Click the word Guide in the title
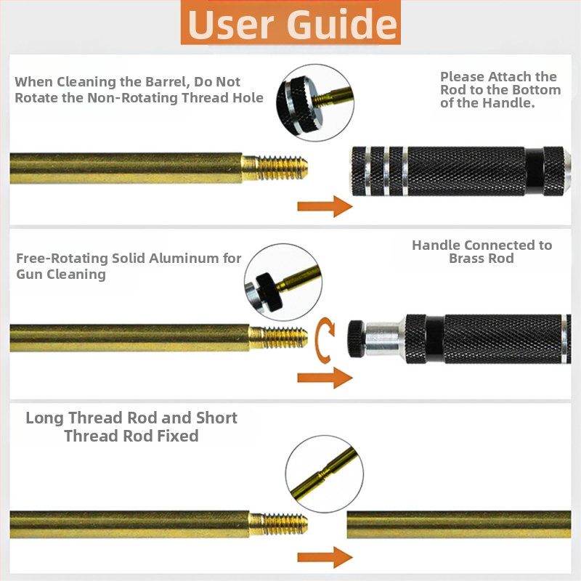341,24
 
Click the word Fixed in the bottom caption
178,436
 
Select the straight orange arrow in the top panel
325,206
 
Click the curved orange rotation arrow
323,340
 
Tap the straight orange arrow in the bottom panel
325,557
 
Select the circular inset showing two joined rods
325,474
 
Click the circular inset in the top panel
315,102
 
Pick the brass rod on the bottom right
459,524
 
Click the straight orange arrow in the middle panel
325,378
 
